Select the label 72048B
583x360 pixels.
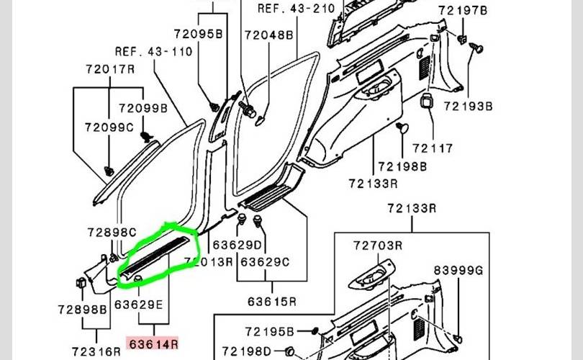[x=268, y=34]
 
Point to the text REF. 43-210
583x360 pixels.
[x=297, y=9]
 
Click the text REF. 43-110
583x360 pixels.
[x=153, y=51]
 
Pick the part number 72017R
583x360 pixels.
[x=109, y=69]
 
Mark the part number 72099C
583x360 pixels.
[x=109, y=128]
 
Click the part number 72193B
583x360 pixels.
[x=468, y=107]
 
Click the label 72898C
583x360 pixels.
[x=112, y=233]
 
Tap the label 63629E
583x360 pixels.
[x=143, y=305]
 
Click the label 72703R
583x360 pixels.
[x=377, y=246]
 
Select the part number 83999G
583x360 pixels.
[x=458, y=270]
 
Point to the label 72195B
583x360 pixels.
[x=268, y=331]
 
